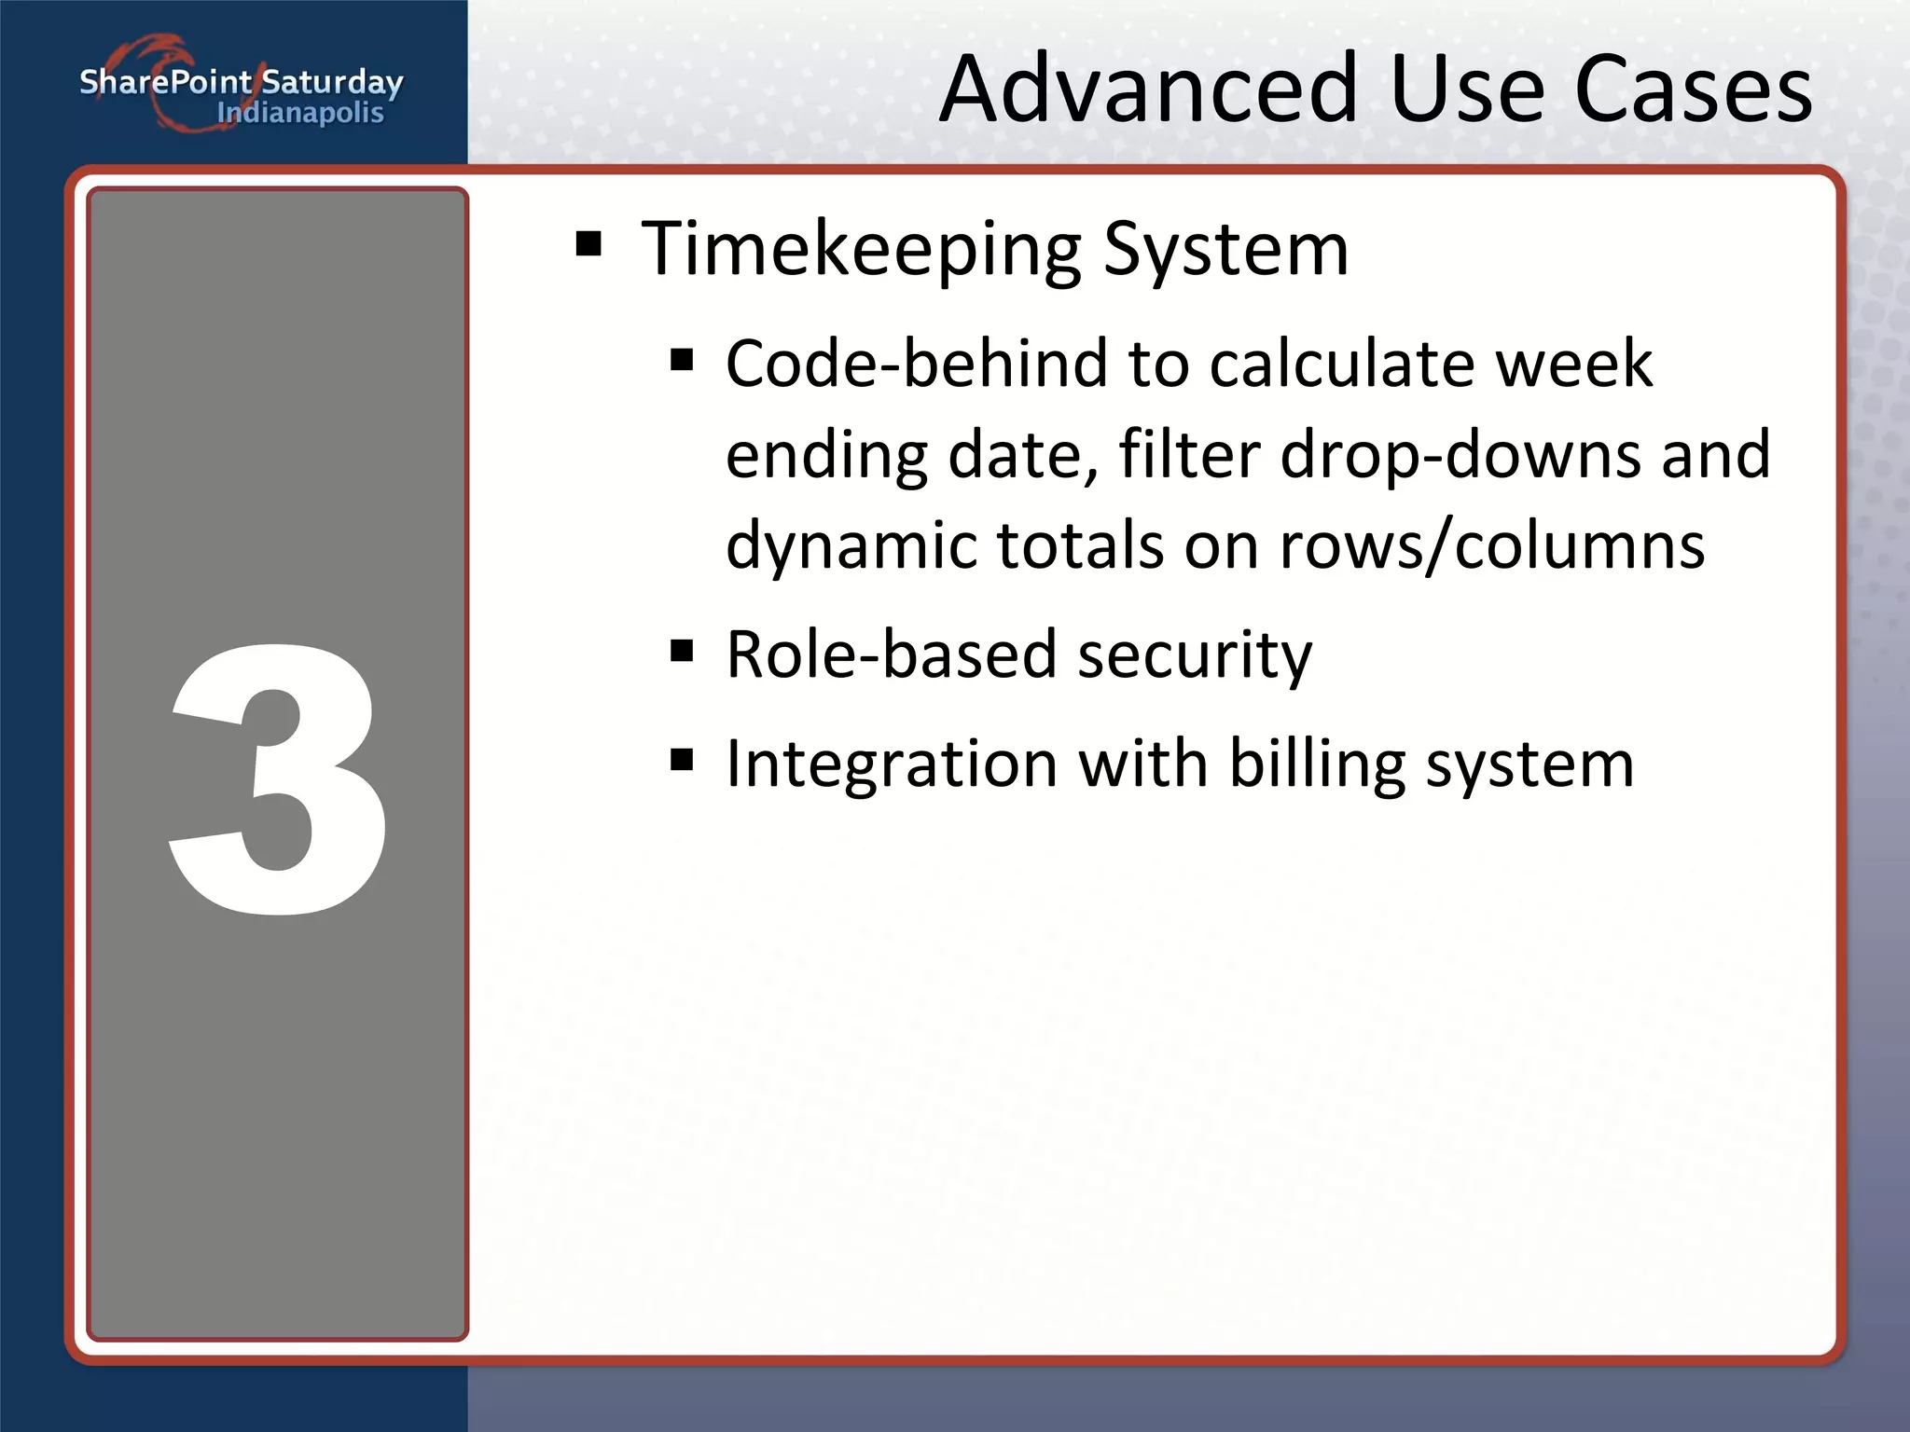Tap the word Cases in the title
(x=1693, y=89)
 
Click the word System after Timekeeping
(x=1225, y=250)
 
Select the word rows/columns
(x=1492, y=545)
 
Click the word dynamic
(x=850, y=545)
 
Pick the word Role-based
(x=891, y=654)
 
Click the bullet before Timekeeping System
(x=588, y=245)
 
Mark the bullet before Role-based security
(x=682, y=650)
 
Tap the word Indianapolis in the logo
(x=300, y=114)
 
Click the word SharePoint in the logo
(x=165, y=82)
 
